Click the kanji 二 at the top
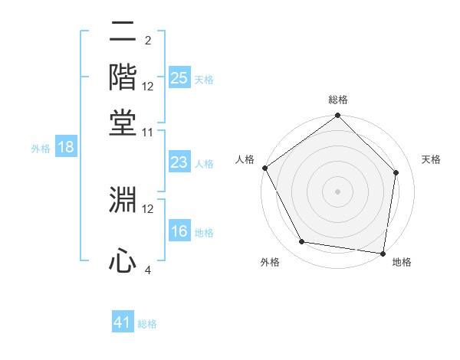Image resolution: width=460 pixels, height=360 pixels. coord(123,34)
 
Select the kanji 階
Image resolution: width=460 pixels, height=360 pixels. coord(123,76)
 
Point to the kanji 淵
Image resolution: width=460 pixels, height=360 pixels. coord(123,198)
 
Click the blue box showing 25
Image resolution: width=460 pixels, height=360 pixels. coord(179,78)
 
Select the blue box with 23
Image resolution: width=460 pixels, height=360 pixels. coord(179,162)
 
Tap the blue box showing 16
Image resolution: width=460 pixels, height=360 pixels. coord(179,232)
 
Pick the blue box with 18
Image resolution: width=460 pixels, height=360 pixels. coord(65,148)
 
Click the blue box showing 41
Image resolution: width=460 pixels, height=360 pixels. coord(123,323)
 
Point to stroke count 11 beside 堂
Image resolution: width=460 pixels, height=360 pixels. coord(148,133)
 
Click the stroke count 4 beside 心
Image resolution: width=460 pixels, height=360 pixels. coord(148,270)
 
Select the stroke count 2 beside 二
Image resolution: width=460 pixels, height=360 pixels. coord(148,41)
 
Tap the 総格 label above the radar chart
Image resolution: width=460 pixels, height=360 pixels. coord(338,100)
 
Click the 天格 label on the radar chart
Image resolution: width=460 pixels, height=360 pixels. coord(432,159)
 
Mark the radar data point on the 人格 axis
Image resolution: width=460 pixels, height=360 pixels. coord(264,168)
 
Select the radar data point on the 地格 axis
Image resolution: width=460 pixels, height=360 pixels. coord(383,252)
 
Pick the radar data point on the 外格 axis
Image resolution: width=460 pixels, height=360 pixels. coord(302,242)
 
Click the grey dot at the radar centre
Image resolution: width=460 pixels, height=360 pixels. coord(338,191)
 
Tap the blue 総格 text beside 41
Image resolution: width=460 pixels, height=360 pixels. coord(147,324)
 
